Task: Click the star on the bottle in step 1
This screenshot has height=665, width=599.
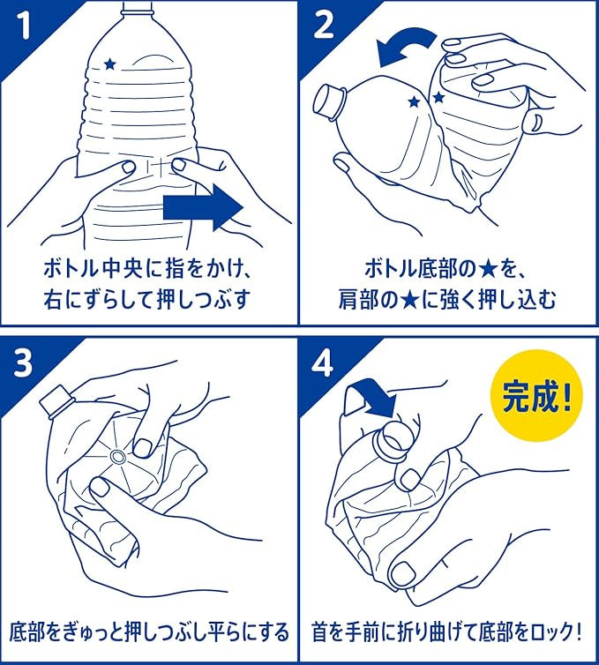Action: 110,64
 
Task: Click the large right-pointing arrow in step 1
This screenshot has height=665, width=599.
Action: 203,208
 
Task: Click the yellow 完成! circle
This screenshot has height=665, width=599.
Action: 536,395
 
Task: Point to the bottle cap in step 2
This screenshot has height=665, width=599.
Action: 329,101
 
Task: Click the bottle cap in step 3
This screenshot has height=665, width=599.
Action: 56,401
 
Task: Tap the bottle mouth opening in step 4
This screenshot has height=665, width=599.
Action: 395,442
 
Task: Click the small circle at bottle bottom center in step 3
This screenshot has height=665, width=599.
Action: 117,457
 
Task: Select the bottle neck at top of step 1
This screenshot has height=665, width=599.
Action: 137,9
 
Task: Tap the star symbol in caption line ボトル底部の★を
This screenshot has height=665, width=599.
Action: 487,269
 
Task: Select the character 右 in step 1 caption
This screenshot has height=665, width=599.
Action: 53,299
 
